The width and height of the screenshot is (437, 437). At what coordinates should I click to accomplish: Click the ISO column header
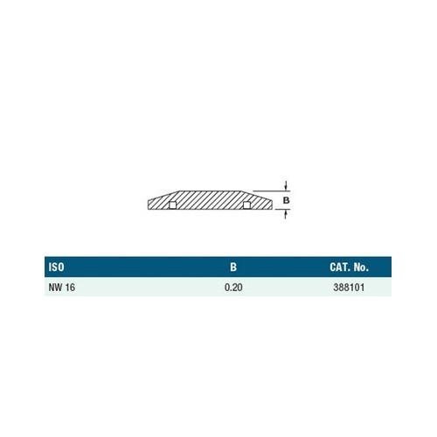coord(56,267)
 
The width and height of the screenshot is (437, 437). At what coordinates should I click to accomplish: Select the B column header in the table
coord(233,267)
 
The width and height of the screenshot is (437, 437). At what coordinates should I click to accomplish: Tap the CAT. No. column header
coord(349,267)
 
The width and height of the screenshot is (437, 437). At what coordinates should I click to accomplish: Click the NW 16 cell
coord(62,288)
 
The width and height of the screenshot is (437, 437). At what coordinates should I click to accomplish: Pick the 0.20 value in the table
coord(233,288)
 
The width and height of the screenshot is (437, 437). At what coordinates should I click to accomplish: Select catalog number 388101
coord(349,288)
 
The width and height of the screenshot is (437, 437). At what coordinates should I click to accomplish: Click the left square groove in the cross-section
coord(172,205)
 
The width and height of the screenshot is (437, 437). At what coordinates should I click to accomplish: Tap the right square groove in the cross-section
coord(246,205)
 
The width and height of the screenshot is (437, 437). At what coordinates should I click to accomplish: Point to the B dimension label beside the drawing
coord(287,200)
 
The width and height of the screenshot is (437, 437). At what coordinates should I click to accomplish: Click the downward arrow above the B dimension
coord(287,186)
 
